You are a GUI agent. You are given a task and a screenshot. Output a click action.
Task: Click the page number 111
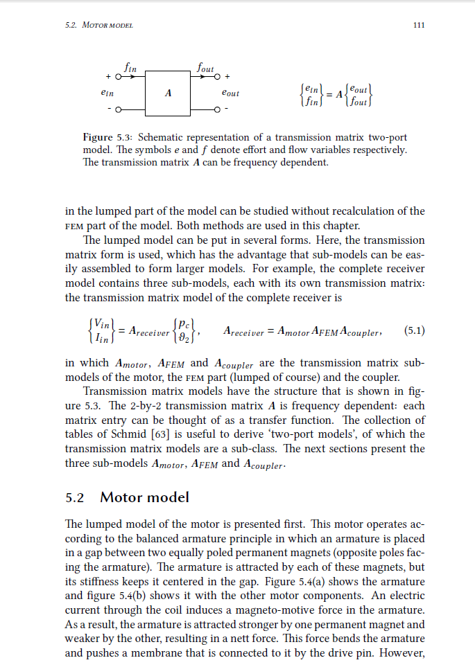[418, 26]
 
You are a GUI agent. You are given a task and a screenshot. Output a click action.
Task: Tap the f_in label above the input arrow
[129, 68]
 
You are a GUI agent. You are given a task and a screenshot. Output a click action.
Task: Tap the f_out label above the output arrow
[206, 68]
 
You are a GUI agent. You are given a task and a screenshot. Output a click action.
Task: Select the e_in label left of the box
[107, 92]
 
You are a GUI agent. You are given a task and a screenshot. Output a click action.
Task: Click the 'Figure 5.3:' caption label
[108, 136]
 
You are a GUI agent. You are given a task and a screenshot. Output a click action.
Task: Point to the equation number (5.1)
[414, 330]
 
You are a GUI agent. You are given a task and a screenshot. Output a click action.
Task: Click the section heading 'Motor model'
[144, 497]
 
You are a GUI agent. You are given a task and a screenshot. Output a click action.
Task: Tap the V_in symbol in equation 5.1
[101, 324]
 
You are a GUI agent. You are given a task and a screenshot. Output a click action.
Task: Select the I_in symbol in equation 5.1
[101, 337]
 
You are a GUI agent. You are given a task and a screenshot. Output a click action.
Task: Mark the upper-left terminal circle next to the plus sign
[119, 75]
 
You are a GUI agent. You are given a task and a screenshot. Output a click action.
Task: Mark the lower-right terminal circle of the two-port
[217, 109]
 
